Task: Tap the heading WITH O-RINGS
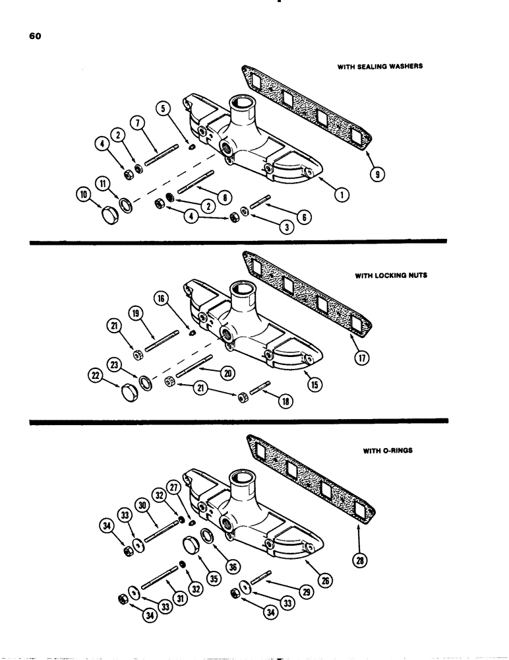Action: coord(388,451)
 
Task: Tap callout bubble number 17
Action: coord(363,358)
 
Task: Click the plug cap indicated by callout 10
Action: coord(109,215)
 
